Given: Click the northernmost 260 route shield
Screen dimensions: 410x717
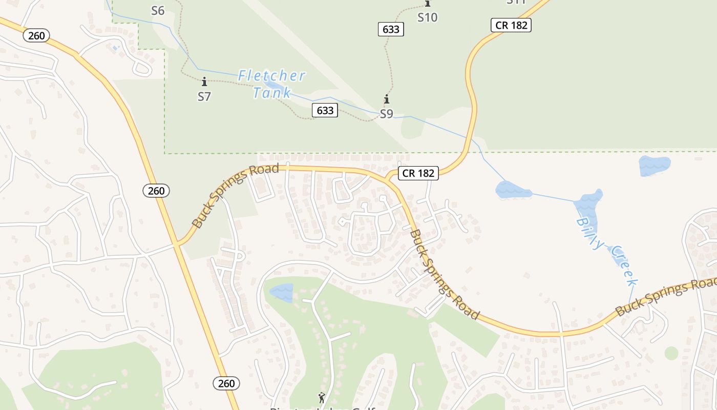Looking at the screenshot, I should click(36, 36).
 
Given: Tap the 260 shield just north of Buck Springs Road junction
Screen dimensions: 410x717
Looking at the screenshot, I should click(156, 191).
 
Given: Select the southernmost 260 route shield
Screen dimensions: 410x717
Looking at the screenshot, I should click(226, 383).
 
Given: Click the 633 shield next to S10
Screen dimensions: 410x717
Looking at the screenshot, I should click(391, 29).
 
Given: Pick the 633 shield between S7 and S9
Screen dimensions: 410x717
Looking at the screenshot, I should click(325, 110).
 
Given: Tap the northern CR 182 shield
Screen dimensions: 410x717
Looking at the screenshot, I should click(511, 25).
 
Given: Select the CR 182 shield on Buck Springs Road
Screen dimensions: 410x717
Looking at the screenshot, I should click(418, 173).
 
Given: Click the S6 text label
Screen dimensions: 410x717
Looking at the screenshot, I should click(158, 11).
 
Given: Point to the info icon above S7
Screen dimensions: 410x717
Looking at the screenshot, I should click(204, 81).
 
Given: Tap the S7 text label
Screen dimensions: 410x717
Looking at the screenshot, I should click(204, 96).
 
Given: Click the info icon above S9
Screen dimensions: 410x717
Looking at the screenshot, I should click(387, 99).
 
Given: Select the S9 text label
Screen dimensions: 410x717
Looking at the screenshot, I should click(387, 114).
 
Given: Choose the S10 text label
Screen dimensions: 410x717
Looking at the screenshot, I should click(427, 17).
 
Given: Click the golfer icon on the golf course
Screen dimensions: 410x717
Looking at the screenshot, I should click(322, 397).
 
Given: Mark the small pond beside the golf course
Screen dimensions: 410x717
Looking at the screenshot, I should click(281, 293).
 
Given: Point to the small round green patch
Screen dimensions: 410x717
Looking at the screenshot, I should click(671, 353).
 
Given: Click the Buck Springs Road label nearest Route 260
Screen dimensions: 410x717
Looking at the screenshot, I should click(235, 196).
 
